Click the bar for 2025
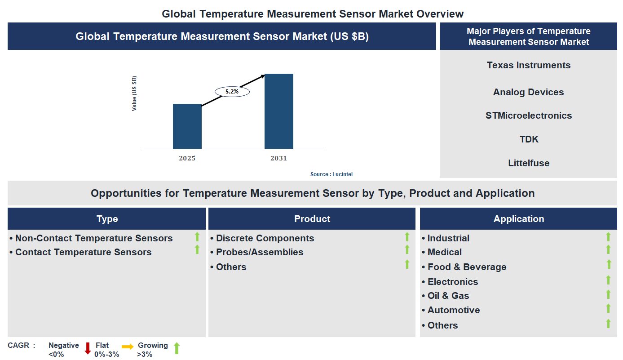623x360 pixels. [187, 126]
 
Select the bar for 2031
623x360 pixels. [278, 111]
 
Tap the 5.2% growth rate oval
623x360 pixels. [232, 91]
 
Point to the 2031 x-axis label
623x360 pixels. [278, 158]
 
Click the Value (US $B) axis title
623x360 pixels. [134, 93]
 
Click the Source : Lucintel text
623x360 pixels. [334, 174]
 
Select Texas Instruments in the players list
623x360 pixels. [528, 65]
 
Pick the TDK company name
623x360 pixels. [529, 139]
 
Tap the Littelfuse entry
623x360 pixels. [529, 163]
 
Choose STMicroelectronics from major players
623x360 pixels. [528, 116]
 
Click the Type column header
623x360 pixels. [107, 219]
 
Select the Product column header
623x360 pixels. [312, 219]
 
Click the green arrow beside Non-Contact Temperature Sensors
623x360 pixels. [197, 237]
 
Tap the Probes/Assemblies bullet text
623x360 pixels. [260, 252]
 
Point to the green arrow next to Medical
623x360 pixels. [608, 249]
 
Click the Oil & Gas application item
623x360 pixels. [448, 296]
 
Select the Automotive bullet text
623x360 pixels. [453, 310]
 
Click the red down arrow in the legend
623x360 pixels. [88, 348]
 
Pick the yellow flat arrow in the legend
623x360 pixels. [128, 347]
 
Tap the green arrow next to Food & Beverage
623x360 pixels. [608, 264]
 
